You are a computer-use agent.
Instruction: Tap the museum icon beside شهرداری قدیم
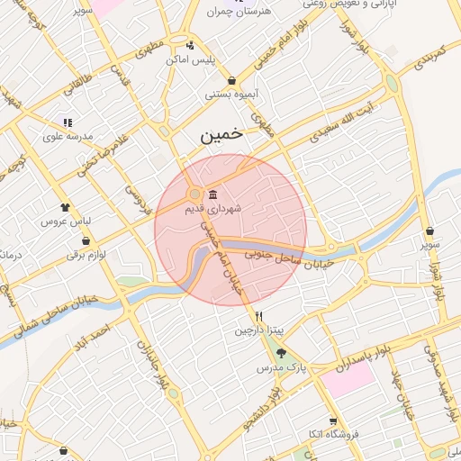tap(212, 195)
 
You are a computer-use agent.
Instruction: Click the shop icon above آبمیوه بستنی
tap(232, 80)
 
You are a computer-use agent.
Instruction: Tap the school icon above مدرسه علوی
tap(67, 122)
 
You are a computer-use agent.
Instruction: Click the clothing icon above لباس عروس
tap(64, 207)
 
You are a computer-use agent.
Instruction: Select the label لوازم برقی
tap(86, 255)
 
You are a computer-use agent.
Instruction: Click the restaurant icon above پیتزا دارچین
tap(259, 316)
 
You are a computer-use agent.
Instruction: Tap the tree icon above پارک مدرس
tap(281, 353)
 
